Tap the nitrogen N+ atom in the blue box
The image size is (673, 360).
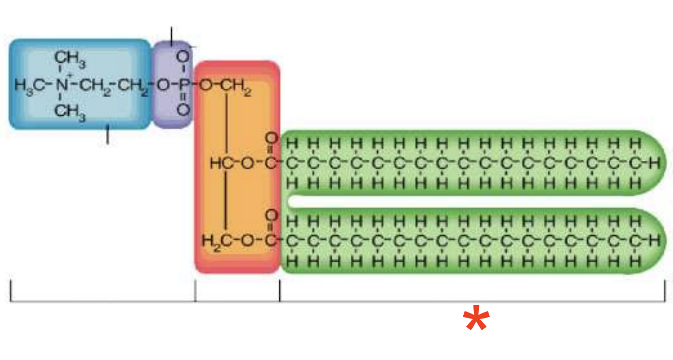(x=61, y=85)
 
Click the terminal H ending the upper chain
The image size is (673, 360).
(x=655, y=163)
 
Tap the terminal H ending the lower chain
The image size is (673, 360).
(x=655, y=240)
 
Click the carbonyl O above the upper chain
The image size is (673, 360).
(x=272, y=138)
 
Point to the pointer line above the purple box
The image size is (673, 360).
(x=171, y=34)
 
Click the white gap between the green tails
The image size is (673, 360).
(x=455, y=202)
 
